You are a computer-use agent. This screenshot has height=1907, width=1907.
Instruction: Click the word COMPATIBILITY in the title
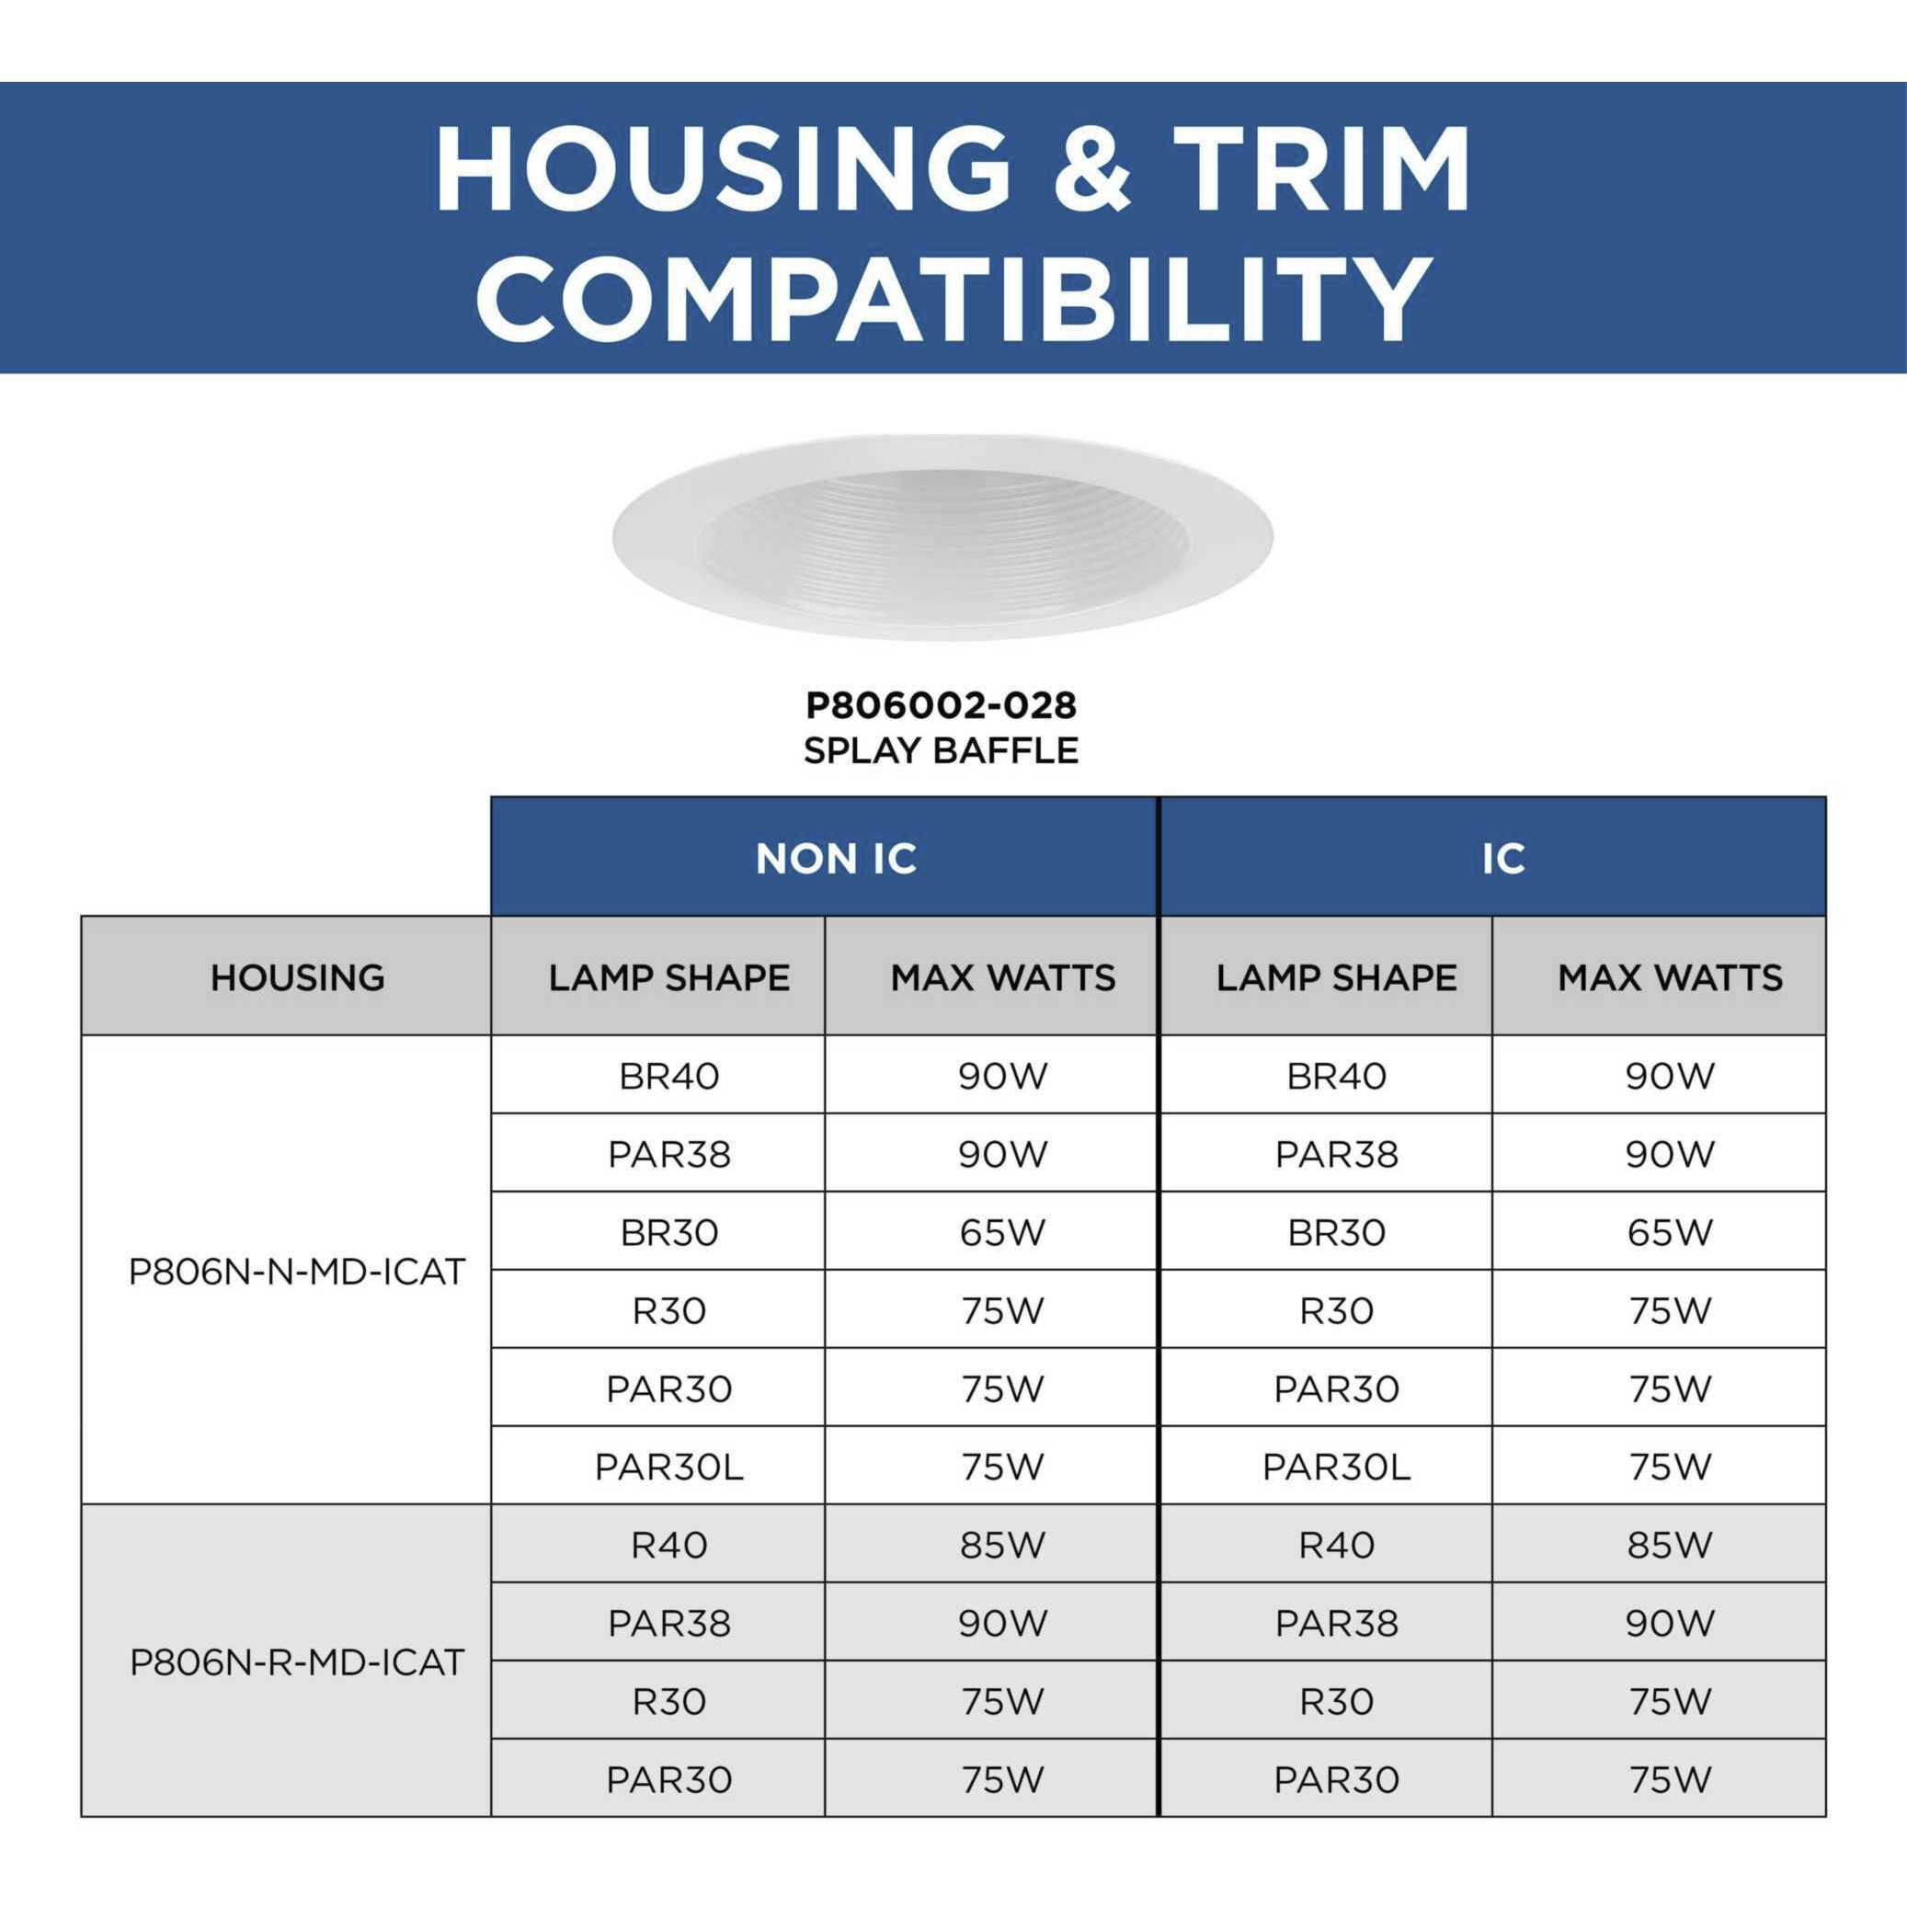(953, 296)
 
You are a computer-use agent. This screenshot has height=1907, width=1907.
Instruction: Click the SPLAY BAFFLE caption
(941, 750)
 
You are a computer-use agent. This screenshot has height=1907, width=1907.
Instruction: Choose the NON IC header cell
(825, 857)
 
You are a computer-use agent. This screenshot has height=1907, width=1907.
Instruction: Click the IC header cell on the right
(1492, 857)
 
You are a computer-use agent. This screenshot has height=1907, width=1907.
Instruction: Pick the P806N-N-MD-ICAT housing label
(297, 1272)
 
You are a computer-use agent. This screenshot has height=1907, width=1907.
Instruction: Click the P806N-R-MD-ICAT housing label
(297, 1662)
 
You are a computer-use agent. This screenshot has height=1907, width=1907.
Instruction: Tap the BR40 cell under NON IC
(669, 1076)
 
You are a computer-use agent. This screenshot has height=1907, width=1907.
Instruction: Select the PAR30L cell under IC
(1337, 1467)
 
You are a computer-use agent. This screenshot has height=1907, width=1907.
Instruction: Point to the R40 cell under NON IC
(669, 1545)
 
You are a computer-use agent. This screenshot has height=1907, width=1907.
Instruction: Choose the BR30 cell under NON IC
(669, 1232)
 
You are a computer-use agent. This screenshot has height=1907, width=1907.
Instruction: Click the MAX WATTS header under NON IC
(1003, 977)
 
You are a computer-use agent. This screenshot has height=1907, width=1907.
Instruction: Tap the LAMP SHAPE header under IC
(1337, 977)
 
